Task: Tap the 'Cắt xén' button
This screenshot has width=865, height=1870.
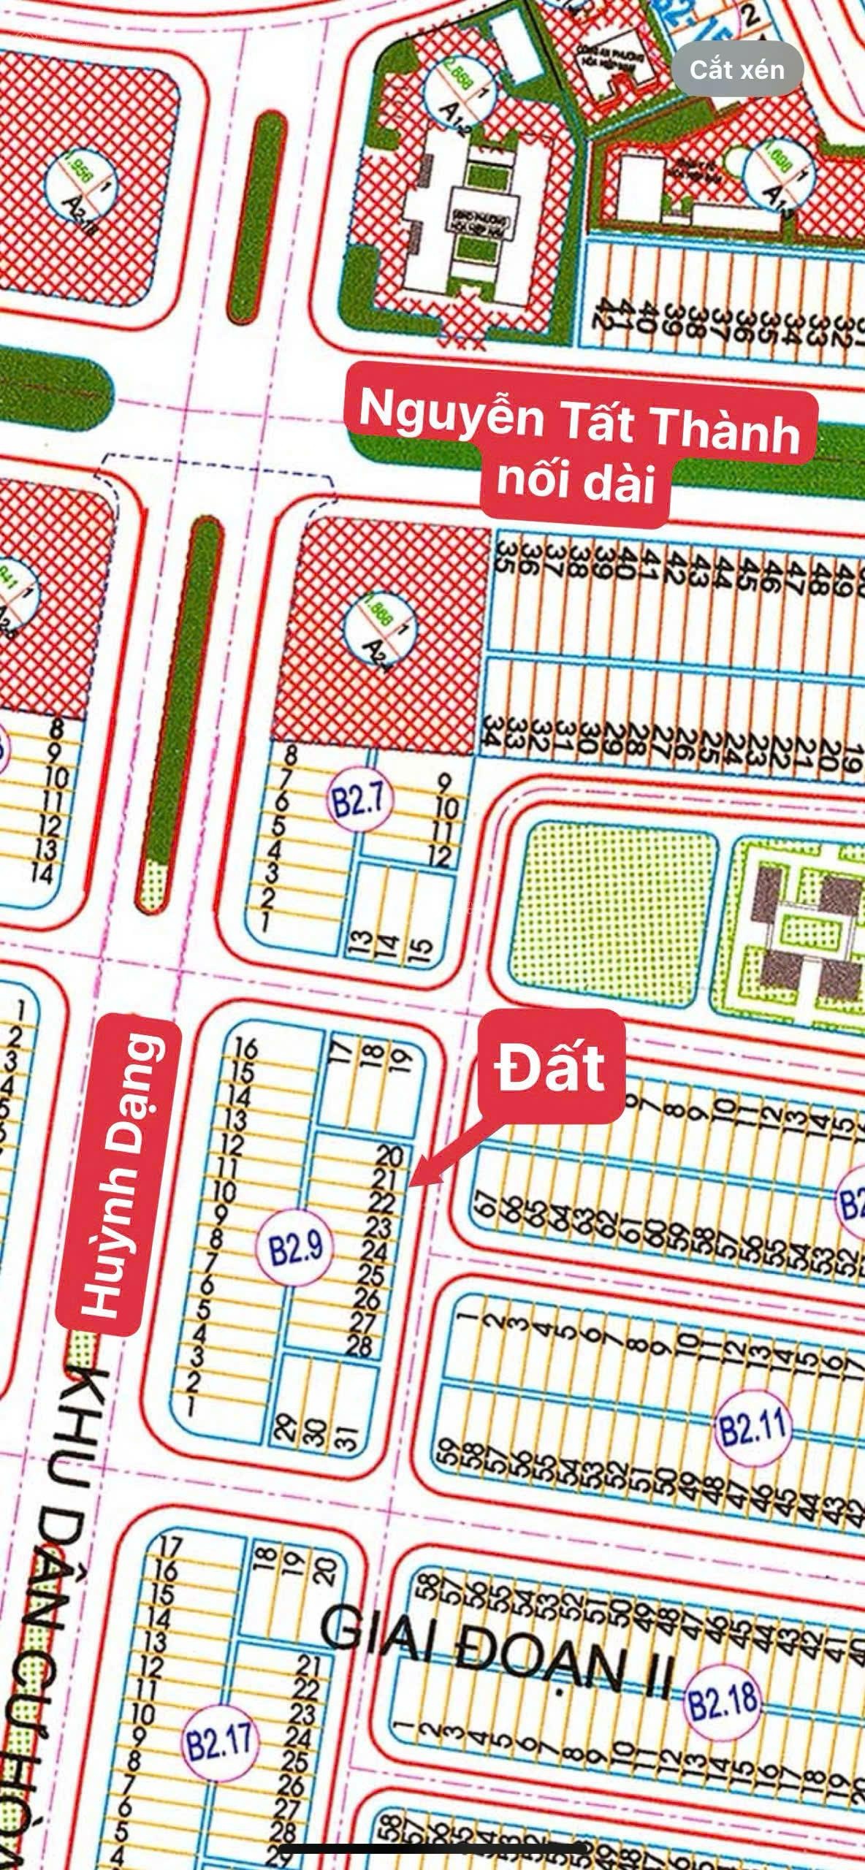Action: point(738,70)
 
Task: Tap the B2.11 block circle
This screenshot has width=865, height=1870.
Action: point(752,1425)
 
